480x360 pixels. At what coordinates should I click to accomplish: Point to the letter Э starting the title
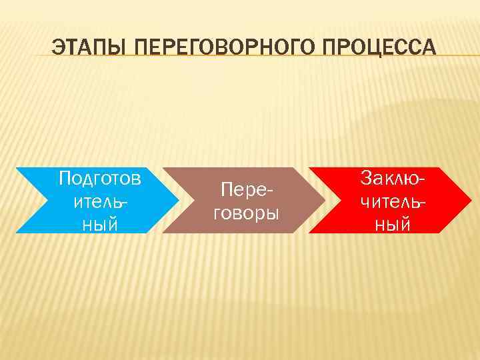pyautogui.click(x=59, y=49)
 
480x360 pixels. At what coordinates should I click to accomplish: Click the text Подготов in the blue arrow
pyautogui.click(x=99, y=179)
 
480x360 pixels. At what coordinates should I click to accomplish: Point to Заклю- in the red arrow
pyautogui.click(x=393, y=178)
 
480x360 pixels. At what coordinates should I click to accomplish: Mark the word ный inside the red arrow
pyautogui.click(x=393, y=225)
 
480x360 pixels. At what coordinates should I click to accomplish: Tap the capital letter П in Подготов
pyautogui.click(x=65, y=178)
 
